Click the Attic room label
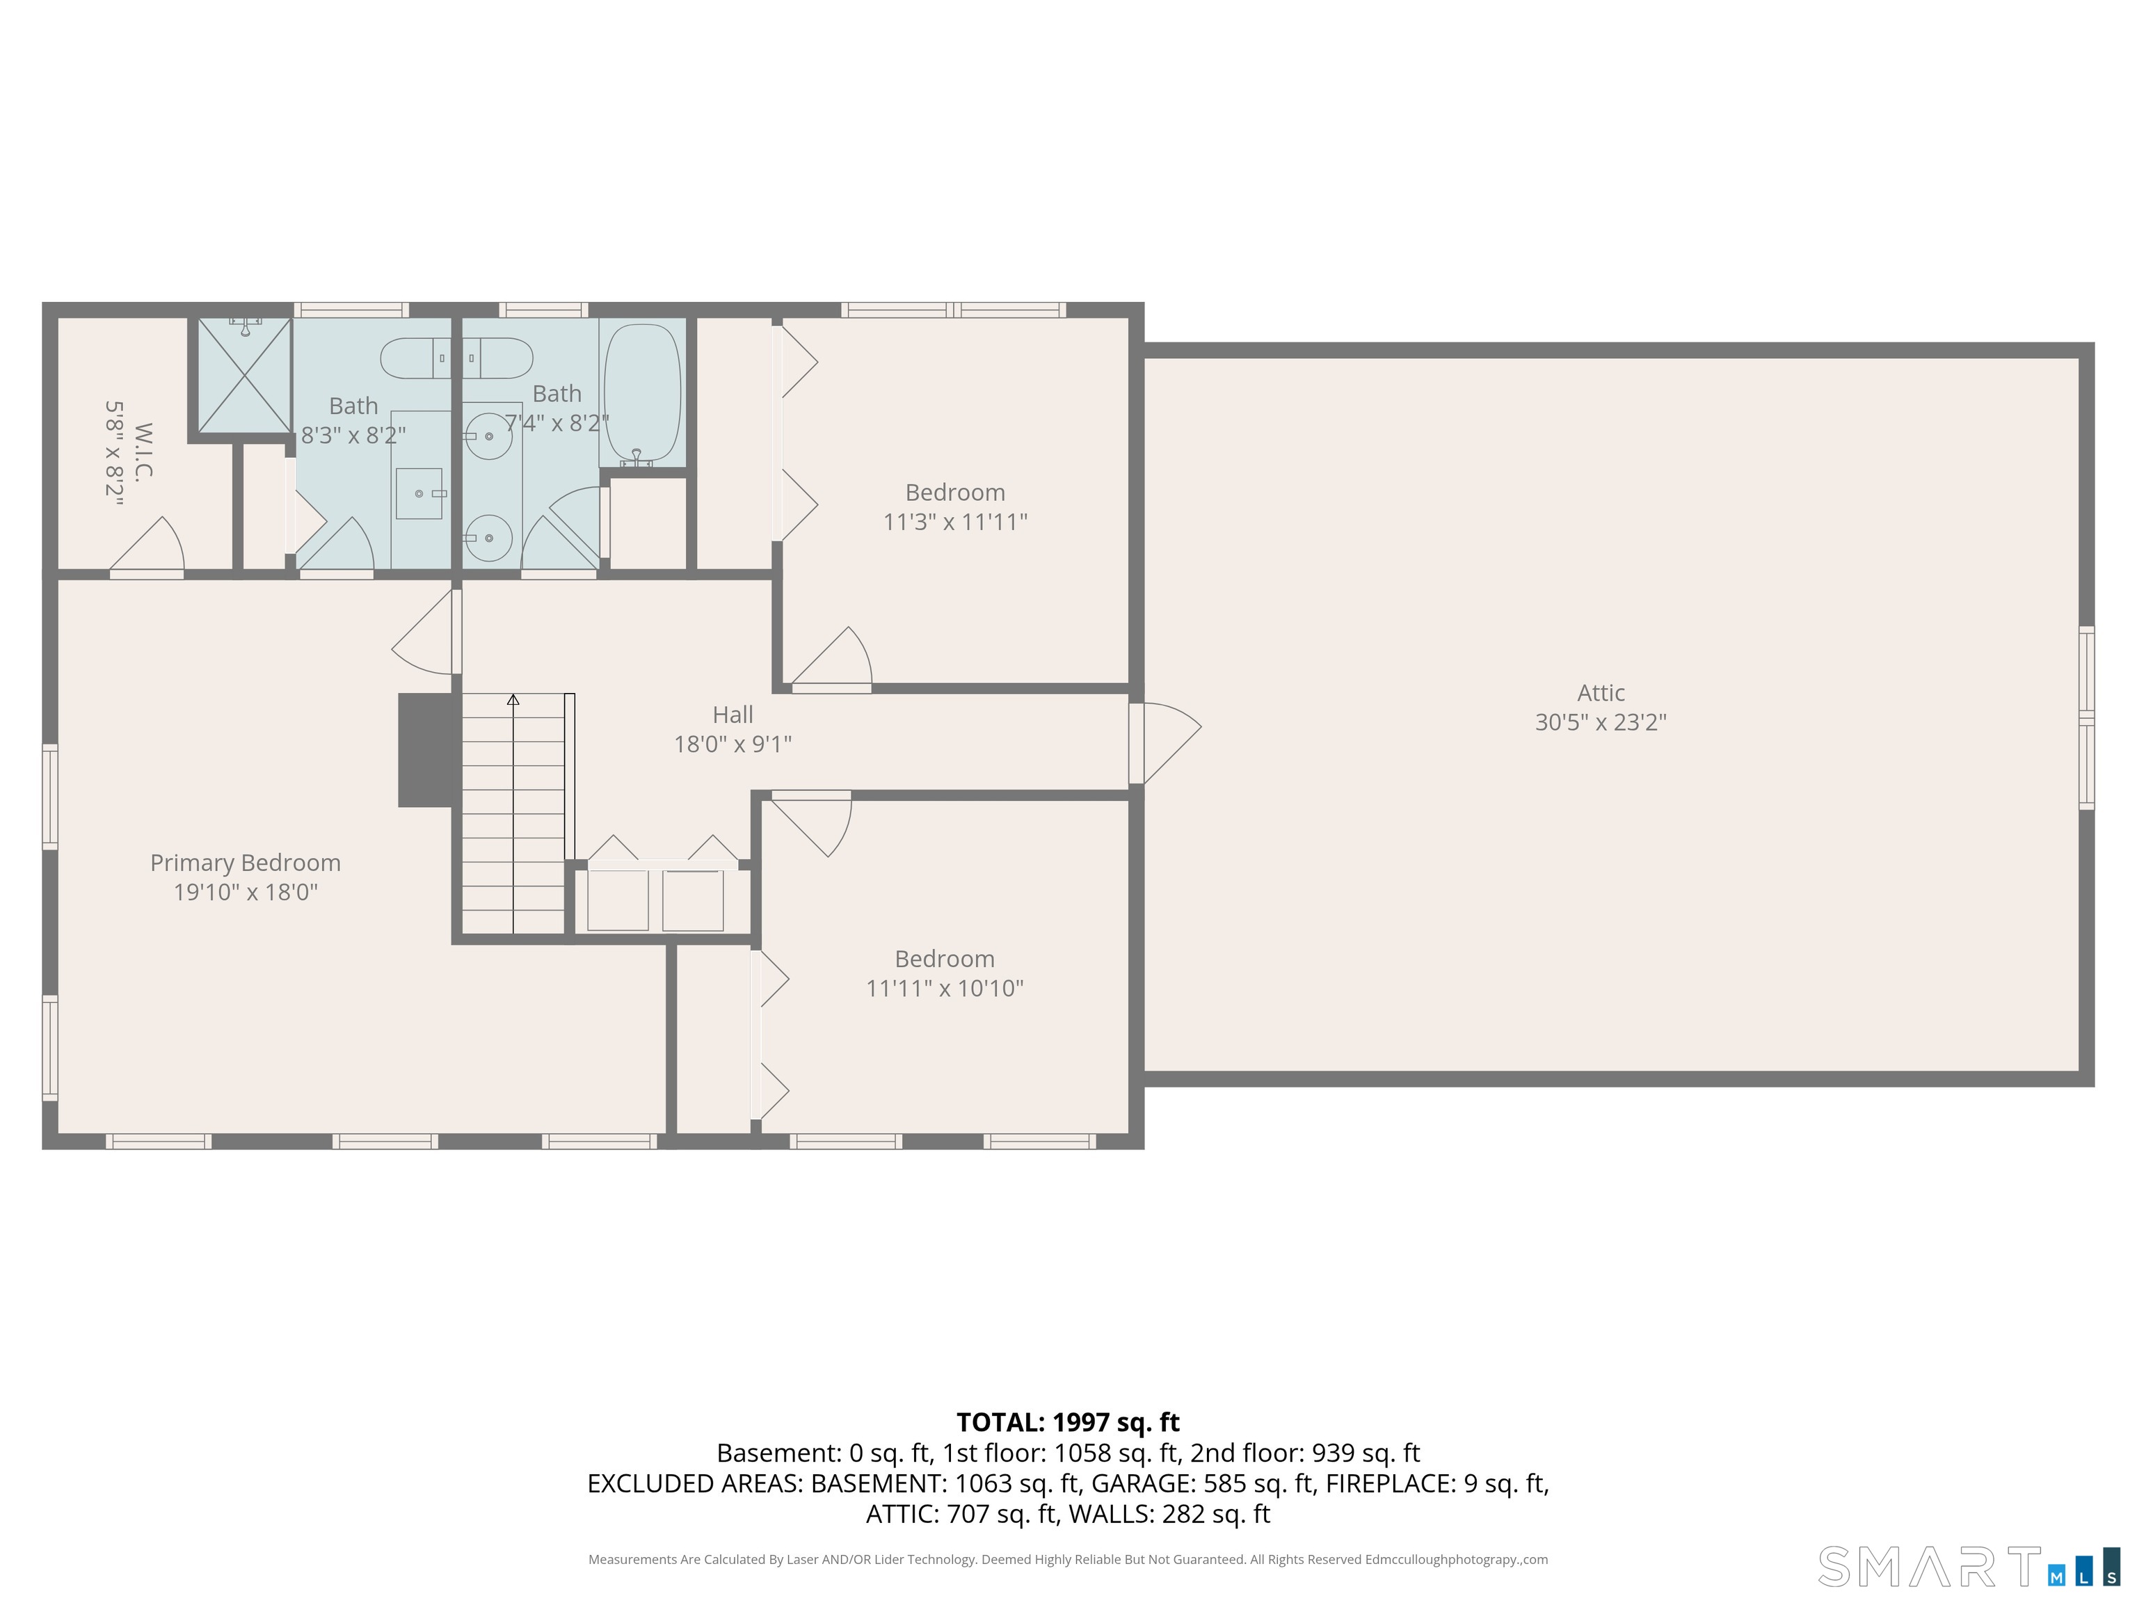1601,693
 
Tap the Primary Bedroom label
246,863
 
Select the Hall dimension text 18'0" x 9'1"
733,744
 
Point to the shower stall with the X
244,376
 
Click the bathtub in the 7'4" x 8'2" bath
641,391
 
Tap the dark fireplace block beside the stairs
425,750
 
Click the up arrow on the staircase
513,699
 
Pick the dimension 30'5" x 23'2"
1601,723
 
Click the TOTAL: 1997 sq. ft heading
1068,1422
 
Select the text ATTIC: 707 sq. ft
961,1514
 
